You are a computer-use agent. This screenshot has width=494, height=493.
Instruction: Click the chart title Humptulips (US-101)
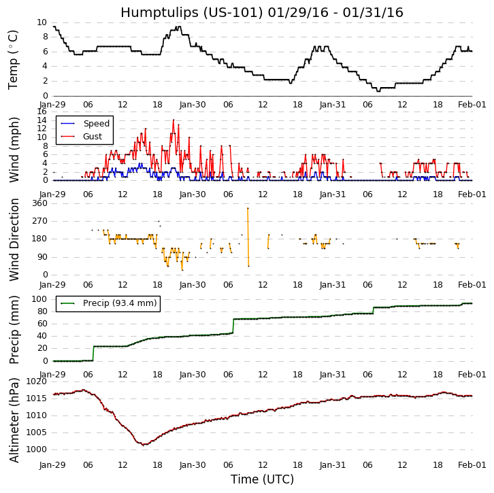[x=261, y=13]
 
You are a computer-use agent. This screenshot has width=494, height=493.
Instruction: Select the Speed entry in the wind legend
[x=96, y=124]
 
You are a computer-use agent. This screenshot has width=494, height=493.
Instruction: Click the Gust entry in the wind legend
[x=93, y=137]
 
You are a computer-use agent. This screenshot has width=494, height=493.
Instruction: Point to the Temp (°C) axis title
[x=14, y=59]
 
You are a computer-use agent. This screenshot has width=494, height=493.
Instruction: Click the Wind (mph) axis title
[x=14, y=149]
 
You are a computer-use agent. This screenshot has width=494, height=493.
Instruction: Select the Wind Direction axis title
[x=14, y=239]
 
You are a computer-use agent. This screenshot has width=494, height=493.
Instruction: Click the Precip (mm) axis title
[x=14, y=330]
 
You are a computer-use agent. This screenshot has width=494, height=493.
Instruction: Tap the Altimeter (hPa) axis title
[x=14, y=420]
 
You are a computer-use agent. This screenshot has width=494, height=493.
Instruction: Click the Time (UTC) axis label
[x=262, y=479]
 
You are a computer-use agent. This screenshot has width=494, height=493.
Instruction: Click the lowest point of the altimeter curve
[x=144, y=445]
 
